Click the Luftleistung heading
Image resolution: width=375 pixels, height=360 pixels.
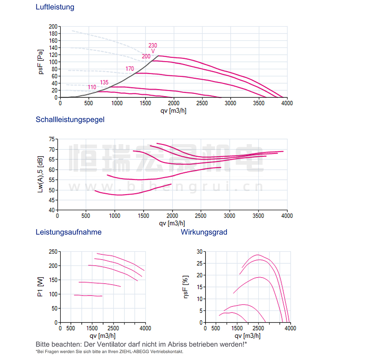click(x=55, y=7)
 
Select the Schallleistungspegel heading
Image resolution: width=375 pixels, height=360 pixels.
click(x=70, y=120)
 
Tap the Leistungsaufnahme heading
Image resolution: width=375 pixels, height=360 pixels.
click(x=69, y=232)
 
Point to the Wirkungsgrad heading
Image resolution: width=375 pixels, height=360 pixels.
click(x=204, y=232)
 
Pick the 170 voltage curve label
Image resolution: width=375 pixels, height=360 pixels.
click(x=130, y=69)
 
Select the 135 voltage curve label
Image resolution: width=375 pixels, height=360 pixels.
click(x=104, y=82)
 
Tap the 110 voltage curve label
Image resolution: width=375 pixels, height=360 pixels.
click(x=92, y=87)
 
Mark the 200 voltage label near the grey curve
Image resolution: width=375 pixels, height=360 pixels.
click(x=146, y=56)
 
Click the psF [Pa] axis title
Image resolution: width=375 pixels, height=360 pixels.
click(x=40, y=62)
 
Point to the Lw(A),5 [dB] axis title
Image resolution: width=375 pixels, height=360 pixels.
click(x=40, y=174)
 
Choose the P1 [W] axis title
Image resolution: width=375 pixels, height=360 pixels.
click(x=40, y=287)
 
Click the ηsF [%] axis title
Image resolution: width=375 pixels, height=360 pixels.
click(x=186, y=287)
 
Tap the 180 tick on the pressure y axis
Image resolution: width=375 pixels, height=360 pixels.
click(x=53, y=34)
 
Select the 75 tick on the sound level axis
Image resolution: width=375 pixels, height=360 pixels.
click(x=52, y=139)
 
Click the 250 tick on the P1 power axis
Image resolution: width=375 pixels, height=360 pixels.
click(x=53, y=252)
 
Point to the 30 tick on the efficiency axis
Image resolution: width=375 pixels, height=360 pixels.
click(x=200, y=252)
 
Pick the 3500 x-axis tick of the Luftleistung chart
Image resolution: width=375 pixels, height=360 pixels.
click(x=259, y=103)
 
